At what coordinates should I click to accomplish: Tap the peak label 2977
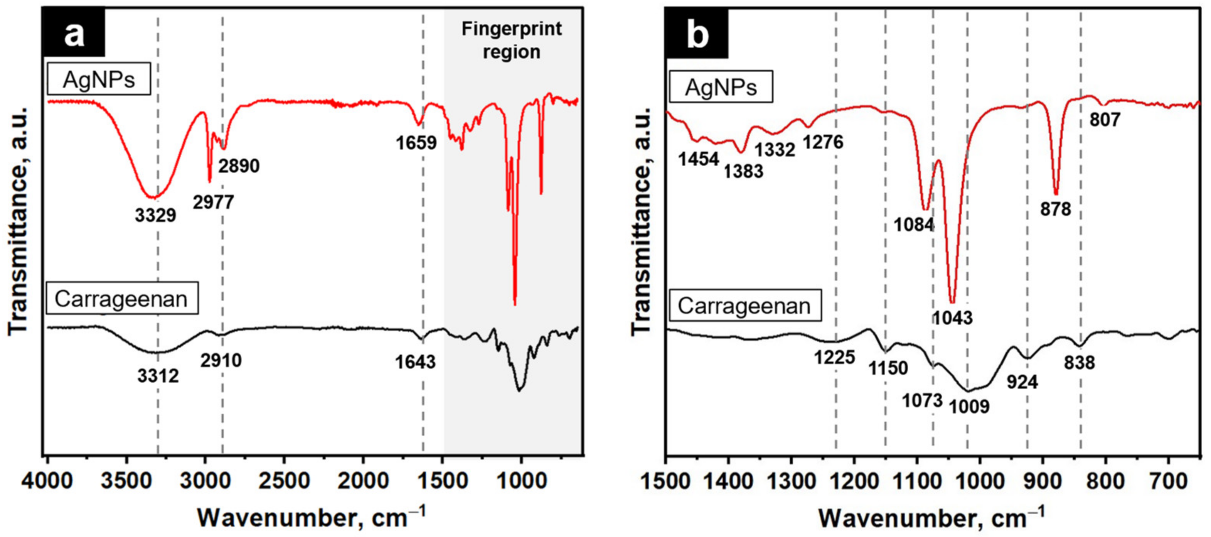point(213,202)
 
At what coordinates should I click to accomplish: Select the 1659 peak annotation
point(416,142)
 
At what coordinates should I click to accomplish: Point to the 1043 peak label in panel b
point(952,318)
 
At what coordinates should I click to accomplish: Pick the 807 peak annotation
point(1105,120)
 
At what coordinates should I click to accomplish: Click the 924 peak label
point(1022,382)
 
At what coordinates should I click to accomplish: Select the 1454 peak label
point(699,159)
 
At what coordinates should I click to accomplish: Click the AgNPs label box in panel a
point(99,79)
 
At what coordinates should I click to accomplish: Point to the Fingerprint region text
point(512,41)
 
